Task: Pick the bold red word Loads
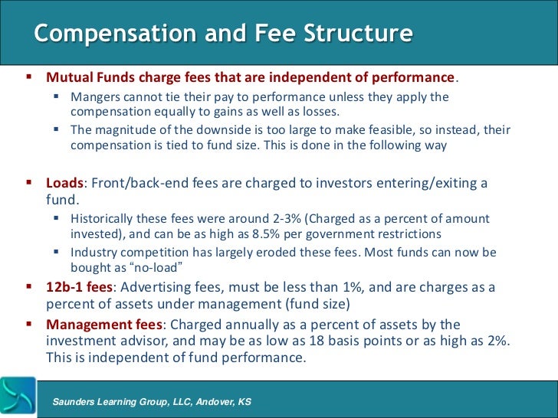(x=64, y=184)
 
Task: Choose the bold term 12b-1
(x=64, y=287)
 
